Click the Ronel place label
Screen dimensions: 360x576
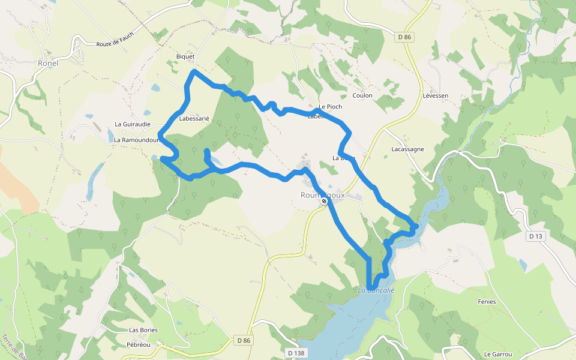[x=47, y=62]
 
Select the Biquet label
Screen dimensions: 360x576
[x=185, y=57]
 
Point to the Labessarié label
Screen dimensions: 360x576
[x=194, y=119]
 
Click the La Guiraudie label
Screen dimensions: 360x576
[x=133, y=124]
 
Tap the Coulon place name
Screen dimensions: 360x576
[x=362, y=95]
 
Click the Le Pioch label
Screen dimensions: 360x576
[x=330, y=107]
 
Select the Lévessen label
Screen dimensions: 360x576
[x=435, y=95]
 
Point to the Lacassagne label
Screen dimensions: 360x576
[x=407, y=149]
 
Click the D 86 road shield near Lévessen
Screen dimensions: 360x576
[x=405, y=37]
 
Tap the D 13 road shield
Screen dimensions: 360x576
[x=536, y=236]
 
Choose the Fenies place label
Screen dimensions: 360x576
[x=487, y=301]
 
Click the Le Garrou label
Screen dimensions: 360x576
[x=497, y=354]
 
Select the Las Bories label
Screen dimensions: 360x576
[x=143, y=330]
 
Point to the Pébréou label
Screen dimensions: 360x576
[x=139, y=345]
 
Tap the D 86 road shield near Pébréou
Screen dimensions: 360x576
[x=244, y=340]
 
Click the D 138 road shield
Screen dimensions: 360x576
[x=296, y=353]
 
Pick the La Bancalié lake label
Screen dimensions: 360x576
[x=376, y=290]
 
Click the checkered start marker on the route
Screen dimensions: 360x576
[x=323, y=201]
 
